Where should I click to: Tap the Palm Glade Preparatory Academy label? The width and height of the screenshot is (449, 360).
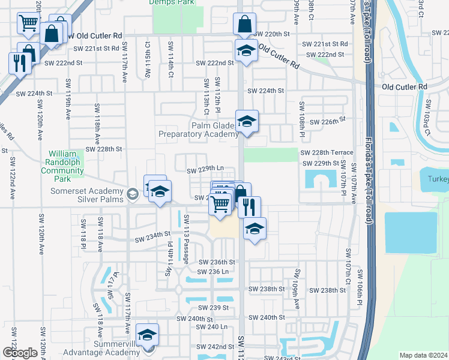click(198, 130)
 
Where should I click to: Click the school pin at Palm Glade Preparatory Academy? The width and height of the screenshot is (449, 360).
click(247, 122)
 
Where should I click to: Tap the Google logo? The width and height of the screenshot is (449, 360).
click(20, 353)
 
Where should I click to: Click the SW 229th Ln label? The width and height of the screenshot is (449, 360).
click(205, 170)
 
